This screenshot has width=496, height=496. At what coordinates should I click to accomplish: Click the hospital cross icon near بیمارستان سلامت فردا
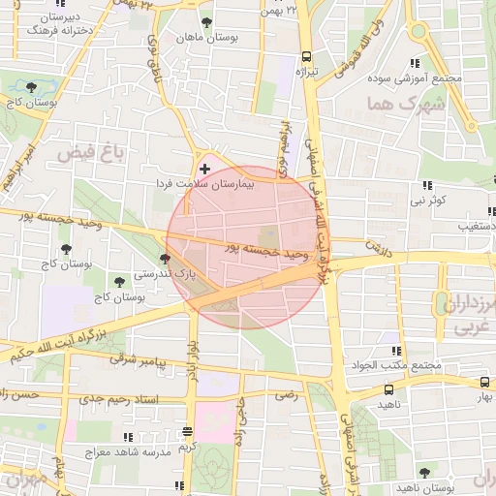[x=203, y=169]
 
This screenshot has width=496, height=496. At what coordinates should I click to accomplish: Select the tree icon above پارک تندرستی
[x=166, y=259]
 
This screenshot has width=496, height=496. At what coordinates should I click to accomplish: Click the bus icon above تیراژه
[x=306, y=56]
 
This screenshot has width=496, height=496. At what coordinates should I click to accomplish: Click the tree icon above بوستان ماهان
[x=205, y=21]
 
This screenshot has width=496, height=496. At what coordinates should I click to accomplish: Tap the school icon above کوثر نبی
[x=426, y=186]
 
